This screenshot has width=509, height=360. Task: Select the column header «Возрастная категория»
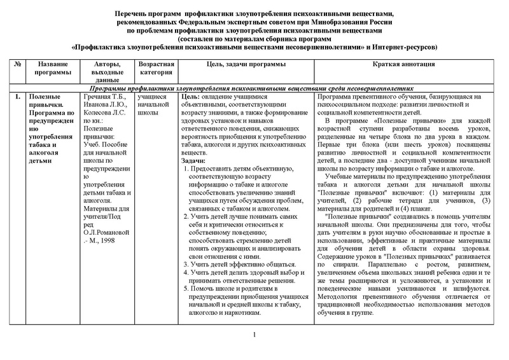(155, 69)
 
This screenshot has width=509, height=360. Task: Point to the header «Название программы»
(53, 69)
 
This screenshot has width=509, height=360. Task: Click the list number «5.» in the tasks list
(185, 288)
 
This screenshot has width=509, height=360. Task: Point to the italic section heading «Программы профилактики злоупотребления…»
(254, 87)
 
